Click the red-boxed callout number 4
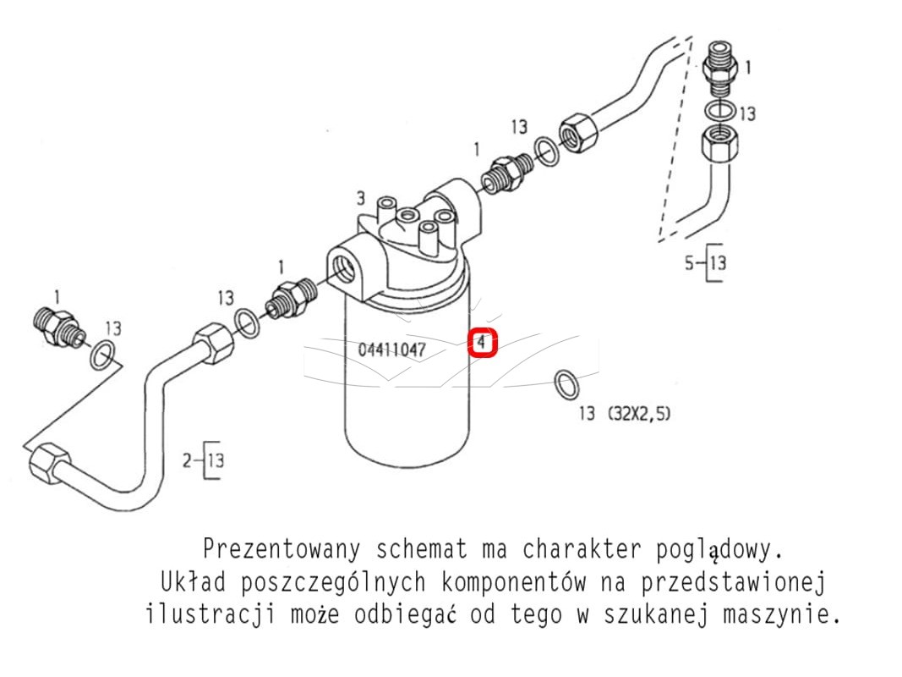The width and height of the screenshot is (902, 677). (482, 343)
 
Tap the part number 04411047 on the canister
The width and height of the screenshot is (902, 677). (391, 350)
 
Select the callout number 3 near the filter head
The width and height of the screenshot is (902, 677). (361, 198)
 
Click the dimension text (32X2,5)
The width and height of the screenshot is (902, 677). (639, 413)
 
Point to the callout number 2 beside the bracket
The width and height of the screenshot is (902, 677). (187, 460)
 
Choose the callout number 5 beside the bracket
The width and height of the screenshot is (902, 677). (690, 263)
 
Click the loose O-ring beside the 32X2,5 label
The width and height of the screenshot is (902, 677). (566, 385)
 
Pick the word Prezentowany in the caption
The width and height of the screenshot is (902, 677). (282, 549)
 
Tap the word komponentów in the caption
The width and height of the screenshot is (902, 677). (514, 582)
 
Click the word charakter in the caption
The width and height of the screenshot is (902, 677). (582, 549)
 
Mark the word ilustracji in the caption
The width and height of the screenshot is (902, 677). (210, 614)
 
